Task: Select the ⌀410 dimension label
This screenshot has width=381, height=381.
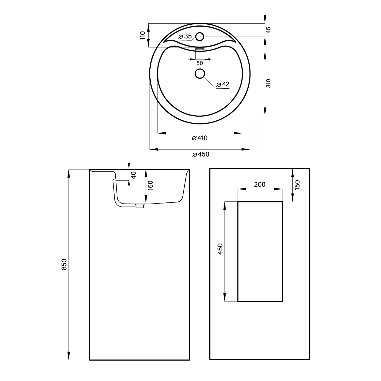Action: [200, 138]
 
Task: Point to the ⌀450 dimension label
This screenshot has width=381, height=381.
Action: [201, 154]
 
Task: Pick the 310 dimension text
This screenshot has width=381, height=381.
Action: [269, 83]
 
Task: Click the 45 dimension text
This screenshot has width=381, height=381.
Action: [269, 30]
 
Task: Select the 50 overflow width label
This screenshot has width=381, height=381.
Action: [200, 63]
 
